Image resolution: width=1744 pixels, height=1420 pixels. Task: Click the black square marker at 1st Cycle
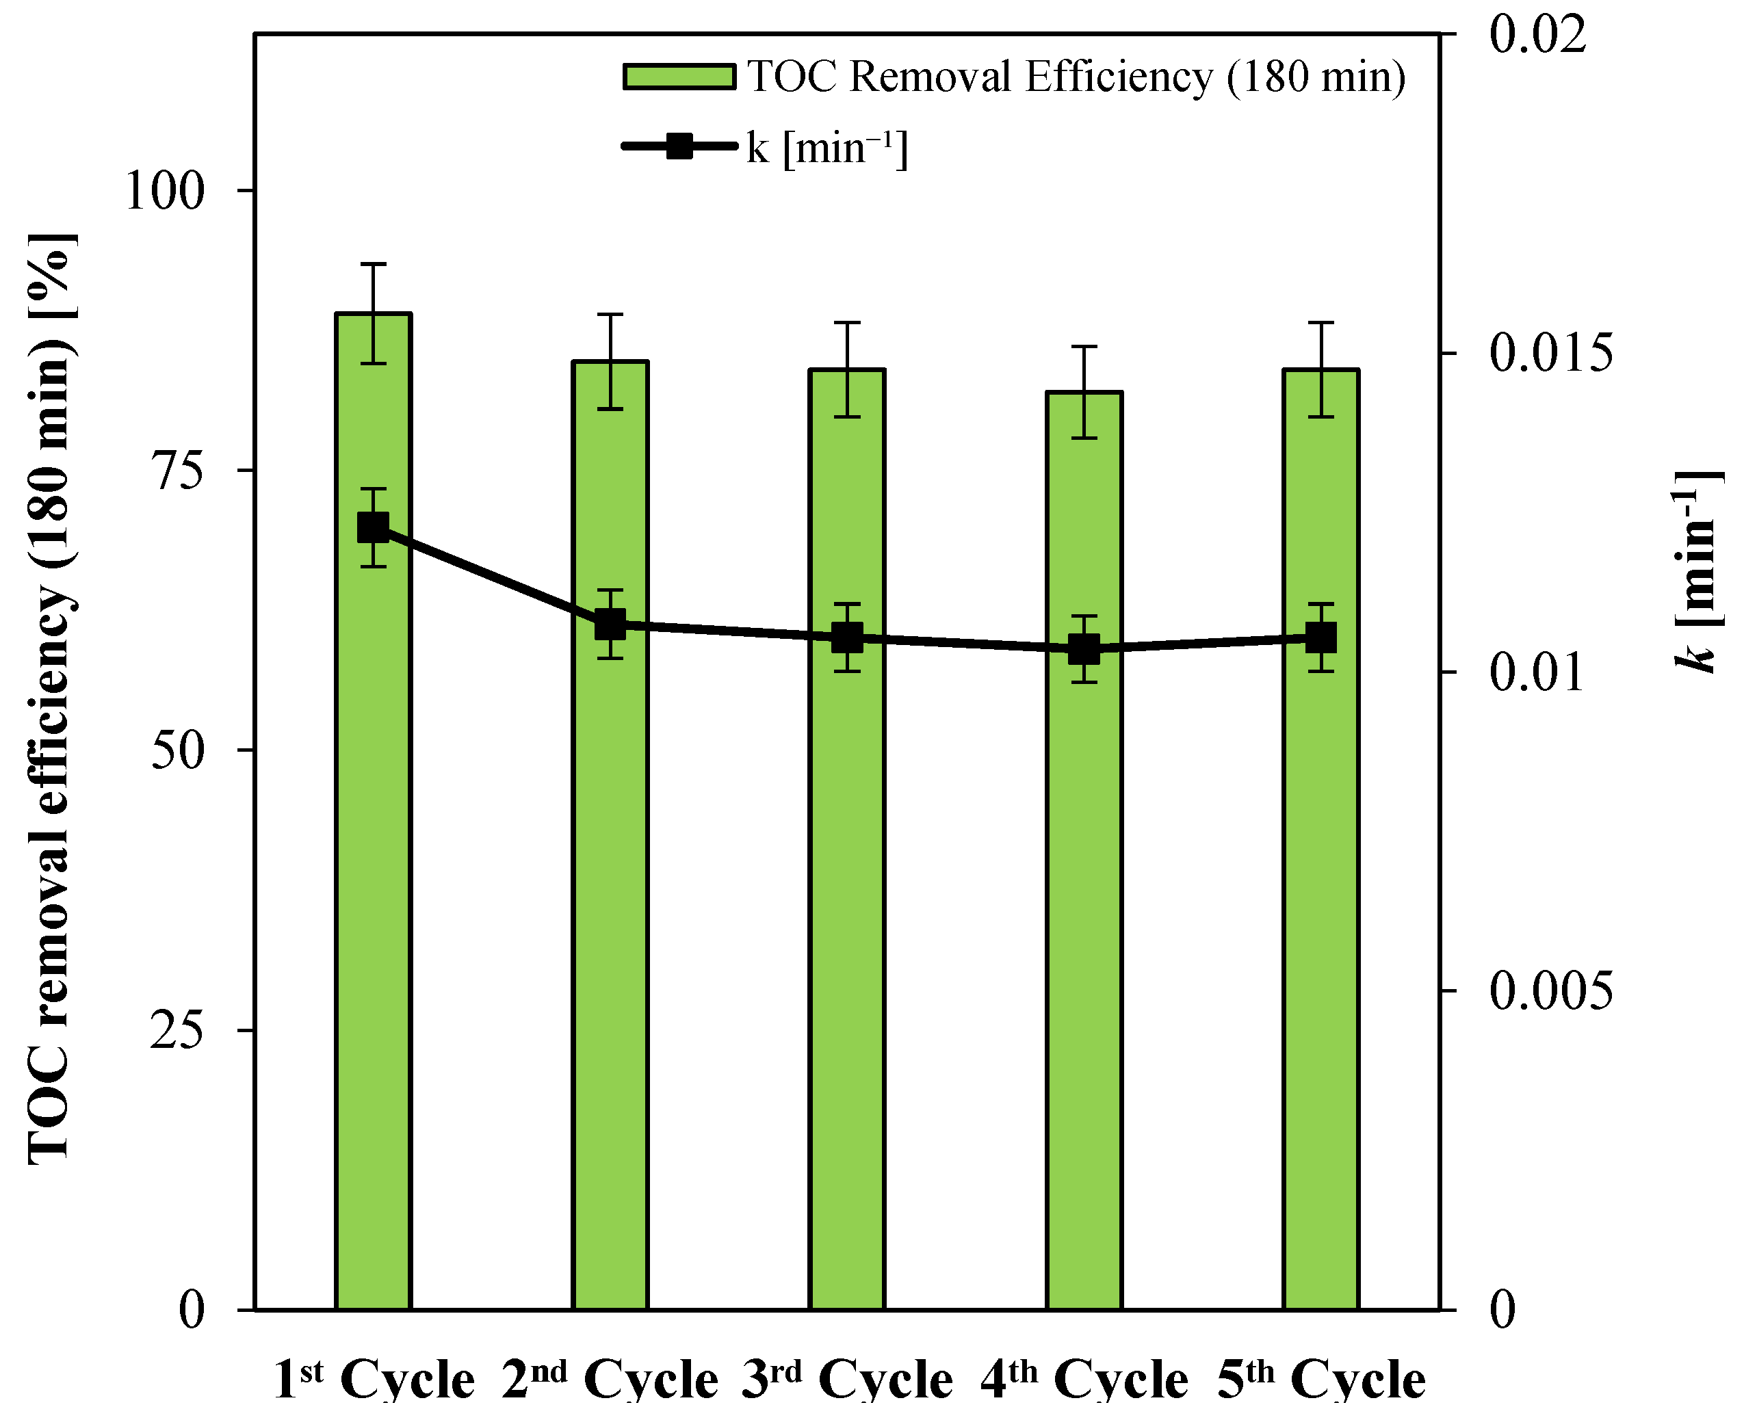tap(373, 527)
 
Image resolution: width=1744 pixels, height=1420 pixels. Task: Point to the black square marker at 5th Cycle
tap(1320, 637)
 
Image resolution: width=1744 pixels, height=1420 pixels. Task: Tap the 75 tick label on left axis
tap(177, 471)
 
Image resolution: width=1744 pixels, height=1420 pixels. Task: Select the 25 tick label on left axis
tap(177, 1031)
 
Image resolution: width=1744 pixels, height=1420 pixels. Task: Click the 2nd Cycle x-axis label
tap(610, 1379)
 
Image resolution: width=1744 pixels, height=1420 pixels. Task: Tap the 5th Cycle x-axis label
tap(1320, 1379)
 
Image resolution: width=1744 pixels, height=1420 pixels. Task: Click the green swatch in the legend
tap(679, 77)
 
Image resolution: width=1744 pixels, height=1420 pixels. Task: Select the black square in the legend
tap(679, 147)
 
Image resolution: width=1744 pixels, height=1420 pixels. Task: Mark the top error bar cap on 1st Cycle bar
tap(373, 264)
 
